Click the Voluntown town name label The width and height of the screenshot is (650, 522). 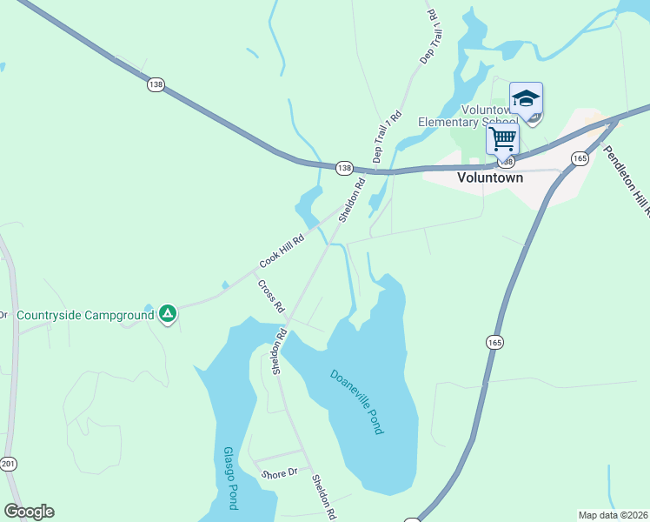tap(490, 177)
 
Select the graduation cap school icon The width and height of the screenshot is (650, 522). tap(526, 99)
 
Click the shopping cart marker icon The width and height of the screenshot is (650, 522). tap(502, 137)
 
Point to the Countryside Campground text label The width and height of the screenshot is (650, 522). tap(85, 315)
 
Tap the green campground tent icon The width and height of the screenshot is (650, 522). tap(168, 313)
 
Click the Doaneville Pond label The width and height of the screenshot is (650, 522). tap(357, 402)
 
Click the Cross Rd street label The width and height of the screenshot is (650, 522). tap(270, 296)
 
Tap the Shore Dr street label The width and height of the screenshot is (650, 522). tap(280, 472)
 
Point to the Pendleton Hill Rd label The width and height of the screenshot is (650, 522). tap(627, 179)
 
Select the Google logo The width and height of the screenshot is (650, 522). tap(29, 511)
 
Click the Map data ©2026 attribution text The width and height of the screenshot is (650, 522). tap(612, 515)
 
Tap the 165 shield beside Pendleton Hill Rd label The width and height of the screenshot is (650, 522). tap(580, 157)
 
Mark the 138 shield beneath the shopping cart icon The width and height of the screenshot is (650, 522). tap(506, 162)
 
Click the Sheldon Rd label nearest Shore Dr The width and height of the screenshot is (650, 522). tap(324, 496)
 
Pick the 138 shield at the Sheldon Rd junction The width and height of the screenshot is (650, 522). tap(344, 167)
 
